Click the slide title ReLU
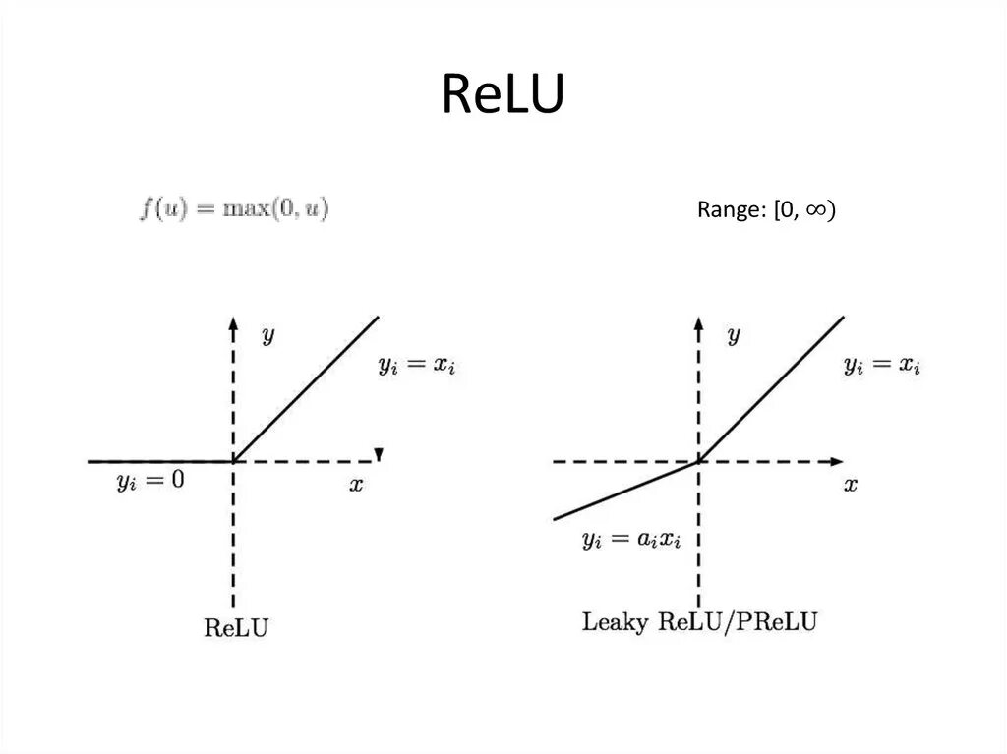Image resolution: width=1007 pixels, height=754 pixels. click(x=503, y=95)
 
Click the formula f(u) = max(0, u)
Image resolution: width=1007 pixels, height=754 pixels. click(x=234, y=209)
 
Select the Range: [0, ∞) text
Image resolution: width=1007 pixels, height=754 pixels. click(x=766, y=210)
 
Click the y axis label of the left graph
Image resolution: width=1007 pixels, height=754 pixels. click(x=267, y=336)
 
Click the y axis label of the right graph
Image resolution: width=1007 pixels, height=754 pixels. click(x=733, y=336)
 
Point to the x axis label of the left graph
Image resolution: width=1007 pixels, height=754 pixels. click(x=356, y=484)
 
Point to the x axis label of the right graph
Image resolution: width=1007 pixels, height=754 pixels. click(x=850, y=484)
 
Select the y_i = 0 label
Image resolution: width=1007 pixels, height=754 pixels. click(x=149, y=482)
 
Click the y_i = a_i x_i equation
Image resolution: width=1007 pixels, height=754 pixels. click(x=630, y=540)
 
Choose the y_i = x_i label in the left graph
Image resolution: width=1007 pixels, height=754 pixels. click(x=417, y=366)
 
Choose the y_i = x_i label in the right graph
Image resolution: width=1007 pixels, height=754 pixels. click(x=882, y=366)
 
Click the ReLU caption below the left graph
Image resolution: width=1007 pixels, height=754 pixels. click(x=235, y=627)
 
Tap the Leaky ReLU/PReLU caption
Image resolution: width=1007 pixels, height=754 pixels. click(x=699, y=622)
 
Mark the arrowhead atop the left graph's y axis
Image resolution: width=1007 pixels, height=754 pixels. click(x=233, y=322)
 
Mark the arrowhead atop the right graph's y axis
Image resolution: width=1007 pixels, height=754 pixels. click(x=698, y=322)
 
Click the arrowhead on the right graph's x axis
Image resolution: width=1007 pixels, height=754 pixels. click(x=837, y=461)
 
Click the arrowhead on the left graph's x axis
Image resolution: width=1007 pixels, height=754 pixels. click(x=378, y=454)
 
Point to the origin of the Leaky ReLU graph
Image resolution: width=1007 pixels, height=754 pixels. click(x=698, y=461)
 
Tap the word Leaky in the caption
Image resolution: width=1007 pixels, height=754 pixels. click(x=616, y=622)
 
